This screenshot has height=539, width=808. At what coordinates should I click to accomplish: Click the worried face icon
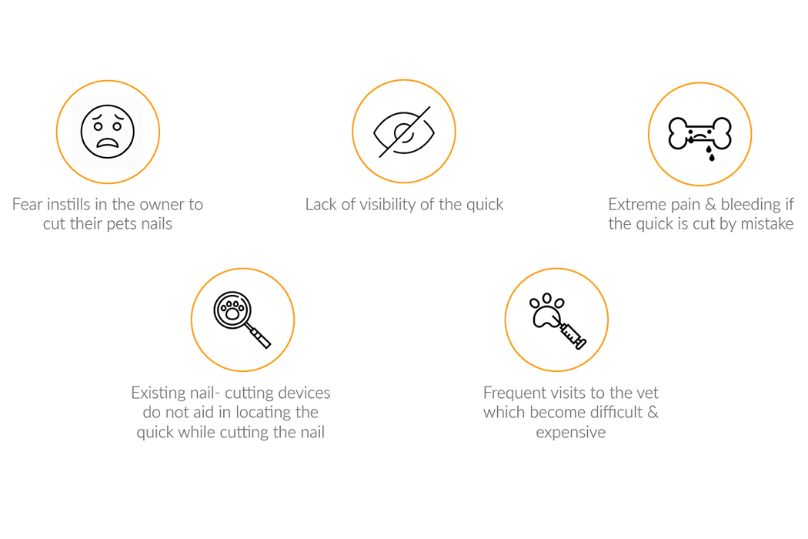click(x=108, y=132)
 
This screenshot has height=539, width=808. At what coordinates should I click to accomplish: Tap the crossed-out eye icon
click(x=404, y=132)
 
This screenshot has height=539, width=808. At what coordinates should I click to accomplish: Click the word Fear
click(x=27, y=204)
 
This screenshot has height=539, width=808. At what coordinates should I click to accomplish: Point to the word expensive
click(x=570, y=432)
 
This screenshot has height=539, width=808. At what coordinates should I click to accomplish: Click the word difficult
click(x=617, y=412)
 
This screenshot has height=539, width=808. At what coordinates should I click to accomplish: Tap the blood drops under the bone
click(x=710, y=153)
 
